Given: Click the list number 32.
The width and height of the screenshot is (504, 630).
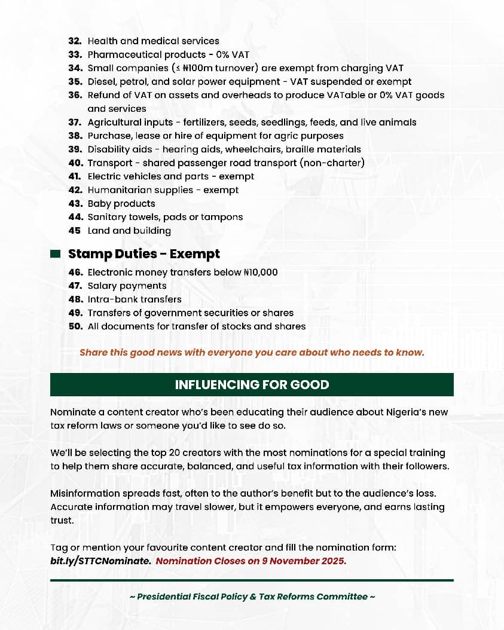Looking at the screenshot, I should pyautogui.click(x=75, y=41).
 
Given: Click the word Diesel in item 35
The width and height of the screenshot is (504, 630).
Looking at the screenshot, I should pyautogui.click(x=102, y=82).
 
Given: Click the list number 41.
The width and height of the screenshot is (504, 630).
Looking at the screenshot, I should pyautogui.click(x=75, y=176).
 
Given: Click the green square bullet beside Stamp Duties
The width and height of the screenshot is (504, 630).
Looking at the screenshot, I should pyautogui.click(x=55, y=254).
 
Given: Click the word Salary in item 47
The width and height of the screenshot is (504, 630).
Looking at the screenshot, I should pyautogui.click(x=102, y=286).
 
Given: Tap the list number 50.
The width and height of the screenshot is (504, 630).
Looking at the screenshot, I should pyautogui.click(x=75, y=326).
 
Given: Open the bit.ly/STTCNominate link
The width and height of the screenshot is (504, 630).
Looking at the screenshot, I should pyautogui.click(x=100, y=561).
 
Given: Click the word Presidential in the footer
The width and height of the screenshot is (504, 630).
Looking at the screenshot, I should pyautogui.click(x=165, y=597).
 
